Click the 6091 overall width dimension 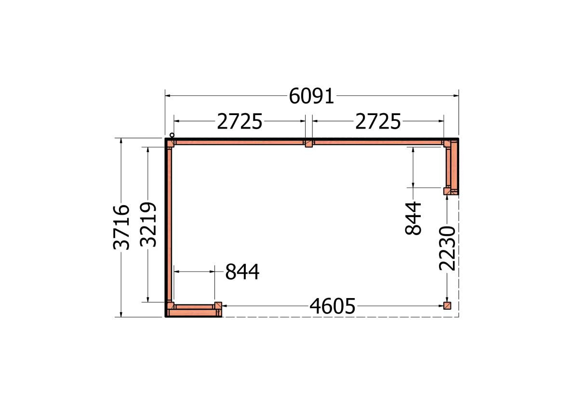[x=311, y=96]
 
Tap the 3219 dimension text [x=149, y=224]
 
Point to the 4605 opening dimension [x=332, y=306]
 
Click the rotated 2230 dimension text [x=448, y=248]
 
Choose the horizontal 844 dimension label [x=242, y=272]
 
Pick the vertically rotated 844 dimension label [x=413, y=218]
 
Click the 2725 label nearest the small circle [x=240, y=122]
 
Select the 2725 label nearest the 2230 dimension [x=378, y=122]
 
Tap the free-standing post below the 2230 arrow [x=447, y=306]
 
